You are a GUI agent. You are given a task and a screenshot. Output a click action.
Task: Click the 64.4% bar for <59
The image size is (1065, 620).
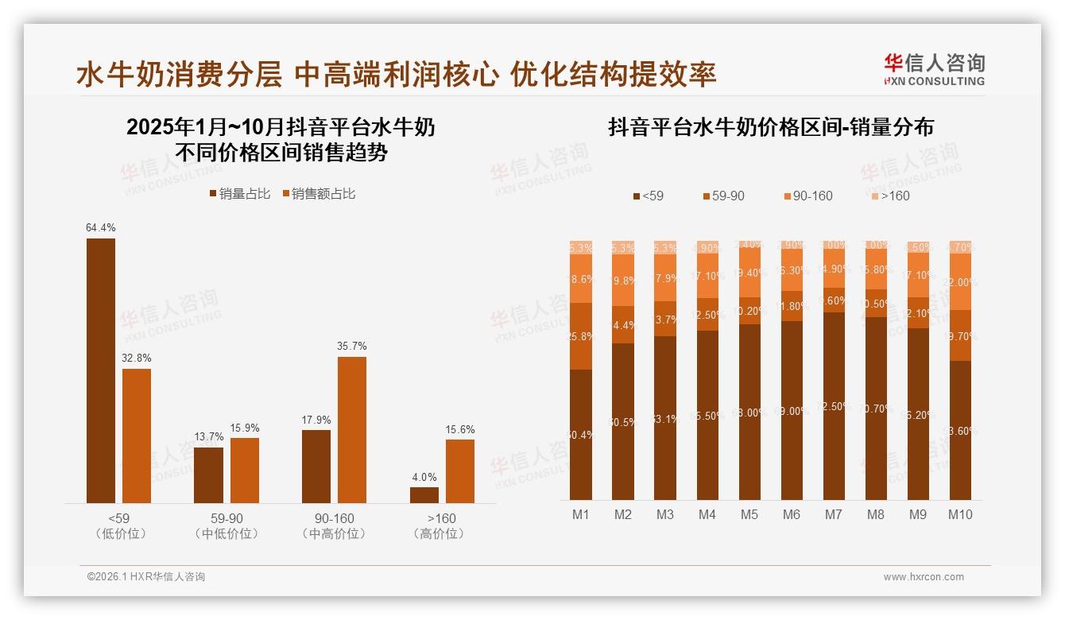pyautogui.click(x=101, y=370)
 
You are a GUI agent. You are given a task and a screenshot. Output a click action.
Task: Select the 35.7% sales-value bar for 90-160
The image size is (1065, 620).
pyautogui.click(x=352, y=429)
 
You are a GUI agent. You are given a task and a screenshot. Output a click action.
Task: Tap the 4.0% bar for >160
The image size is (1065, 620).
pyautogui.click(x=424, y=494)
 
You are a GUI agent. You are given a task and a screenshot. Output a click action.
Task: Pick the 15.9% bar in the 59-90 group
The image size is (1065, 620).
pyautogui.click(x=245, y=470)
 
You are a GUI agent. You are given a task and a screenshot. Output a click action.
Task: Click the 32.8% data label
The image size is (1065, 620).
pyautogui.click(x=137, y=358)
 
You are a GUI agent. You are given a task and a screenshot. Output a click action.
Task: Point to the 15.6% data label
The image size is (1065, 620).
pyautogui.click(x=460, y=430)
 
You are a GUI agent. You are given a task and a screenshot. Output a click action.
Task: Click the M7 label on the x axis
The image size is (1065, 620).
pyautogui.click(x=833, y=515)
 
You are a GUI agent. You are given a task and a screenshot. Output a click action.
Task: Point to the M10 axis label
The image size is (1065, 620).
pyautogui.click(x=960, y=515)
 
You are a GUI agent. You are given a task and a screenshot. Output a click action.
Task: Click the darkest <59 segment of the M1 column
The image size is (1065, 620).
pyautogui.click(x=581, y=434)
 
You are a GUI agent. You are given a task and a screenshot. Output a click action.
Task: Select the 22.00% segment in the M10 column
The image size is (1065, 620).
pyautogui.click(x=960, y=281)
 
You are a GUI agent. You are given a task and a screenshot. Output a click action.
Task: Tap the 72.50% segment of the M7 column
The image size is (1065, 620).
pyautogui.click(x=834, y=405)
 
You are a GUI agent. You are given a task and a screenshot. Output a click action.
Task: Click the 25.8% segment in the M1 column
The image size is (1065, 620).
pyautogui.click(x=581, y=336)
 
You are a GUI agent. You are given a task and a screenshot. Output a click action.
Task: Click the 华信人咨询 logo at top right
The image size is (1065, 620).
pyautogui.click(x=934, y=70)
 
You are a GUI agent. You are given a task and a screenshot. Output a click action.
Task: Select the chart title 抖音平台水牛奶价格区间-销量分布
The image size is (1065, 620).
pyautogui.click(x=770, y=127)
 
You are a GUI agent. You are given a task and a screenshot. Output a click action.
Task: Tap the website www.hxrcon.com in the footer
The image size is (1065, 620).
pyautogui.click(x=924, y=577)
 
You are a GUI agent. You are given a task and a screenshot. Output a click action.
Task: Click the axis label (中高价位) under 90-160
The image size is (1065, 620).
pyautogui.click(x=334, y=534)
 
